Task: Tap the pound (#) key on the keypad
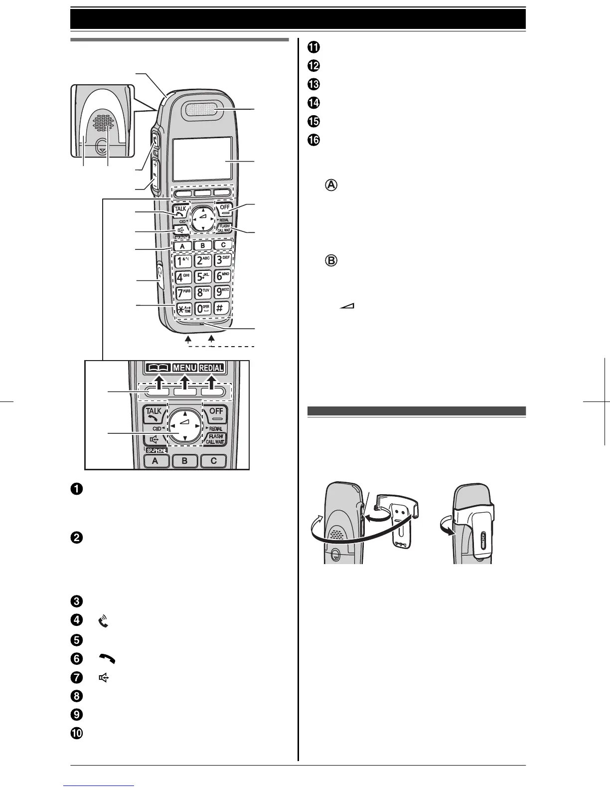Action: click(x=222, y=308)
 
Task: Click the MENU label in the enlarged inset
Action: click(x=185, y=368)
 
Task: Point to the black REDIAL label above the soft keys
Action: click(x=211, y=368)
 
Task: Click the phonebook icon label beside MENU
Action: click(x=158, y=368)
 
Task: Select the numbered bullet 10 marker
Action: click(x=77, y=734)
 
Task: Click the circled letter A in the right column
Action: click(x=331, y=185)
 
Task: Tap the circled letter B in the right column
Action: click(x=331, y=261)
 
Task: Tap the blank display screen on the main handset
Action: click(x=202, y=159)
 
